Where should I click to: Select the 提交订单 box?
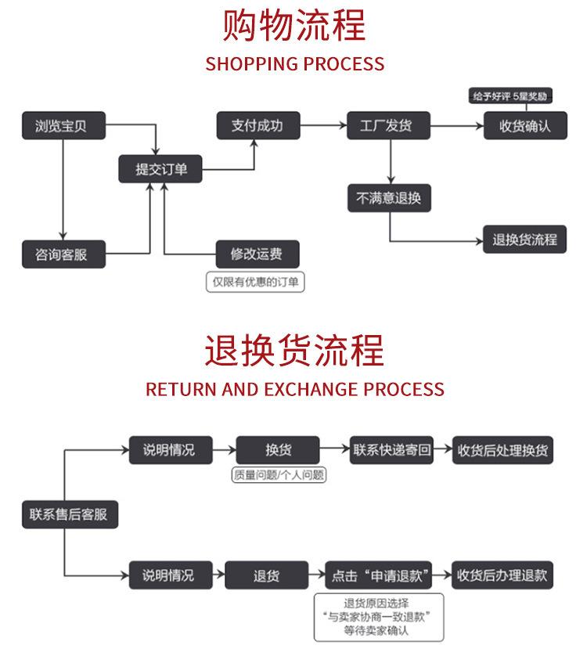point(160,169)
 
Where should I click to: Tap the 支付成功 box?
point(257,125)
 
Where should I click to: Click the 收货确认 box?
point(524,126)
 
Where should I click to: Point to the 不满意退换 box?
point(389,198)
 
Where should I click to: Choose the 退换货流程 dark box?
point(524,240)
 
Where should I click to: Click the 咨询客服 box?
point(63,254)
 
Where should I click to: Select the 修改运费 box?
point(257,254)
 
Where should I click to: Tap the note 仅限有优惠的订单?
point(255,282)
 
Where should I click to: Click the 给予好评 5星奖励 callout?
point(510,95)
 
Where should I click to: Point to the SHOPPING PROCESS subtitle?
point(294,63)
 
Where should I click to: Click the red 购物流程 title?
point(294,25)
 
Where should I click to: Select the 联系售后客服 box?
point(69,514)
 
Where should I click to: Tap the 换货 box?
point(278,450)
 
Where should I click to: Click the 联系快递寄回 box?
point(391,450)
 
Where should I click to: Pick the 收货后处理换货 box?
point(503,450)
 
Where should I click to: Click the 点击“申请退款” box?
point(380,575)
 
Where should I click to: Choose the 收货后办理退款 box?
point(503,575)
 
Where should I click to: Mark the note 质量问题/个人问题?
point(279,474)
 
